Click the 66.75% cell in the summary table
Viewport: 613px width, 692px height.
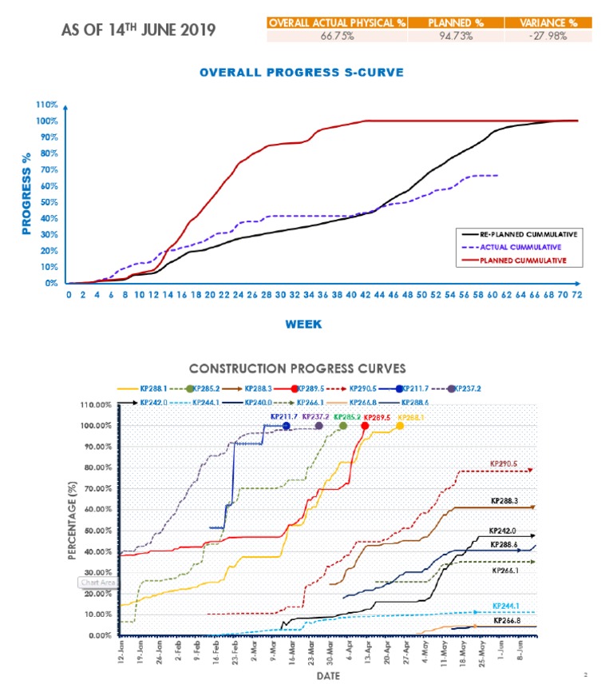[x=336, y=36]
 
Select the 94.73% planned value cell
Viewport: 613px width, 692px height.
[x=451, y=36]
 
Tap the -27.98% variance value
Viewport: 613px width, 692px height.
[x=547, y=36]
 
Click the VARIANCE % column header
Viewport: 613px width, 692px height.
[x=547, y=22]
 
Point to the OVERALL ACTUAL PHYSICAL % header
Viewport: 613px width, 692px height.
[x=336, y=22]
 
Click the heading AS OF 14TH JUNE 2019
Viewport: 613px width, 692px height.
[x=138, y=30]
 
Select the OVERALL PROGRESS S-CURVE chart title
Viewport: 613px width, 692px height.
[x=302, y=72]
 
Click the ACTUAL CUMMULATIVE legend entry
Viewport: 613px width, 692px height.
[x=520, y=247]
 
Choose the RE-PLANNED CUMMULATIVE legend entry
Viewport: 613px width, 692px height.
[x=528, y=234]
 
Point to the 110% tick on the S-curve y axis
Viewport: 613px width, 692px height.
[x=46, y=105]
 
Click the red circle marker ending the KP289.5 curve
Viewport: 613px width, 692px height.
[x=366, y=426]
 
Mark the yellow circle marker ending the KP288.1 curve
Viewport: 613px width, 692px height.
[x=400, y=426]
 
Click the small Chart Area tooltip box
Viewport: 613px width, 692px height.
[x=98, y=582]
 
